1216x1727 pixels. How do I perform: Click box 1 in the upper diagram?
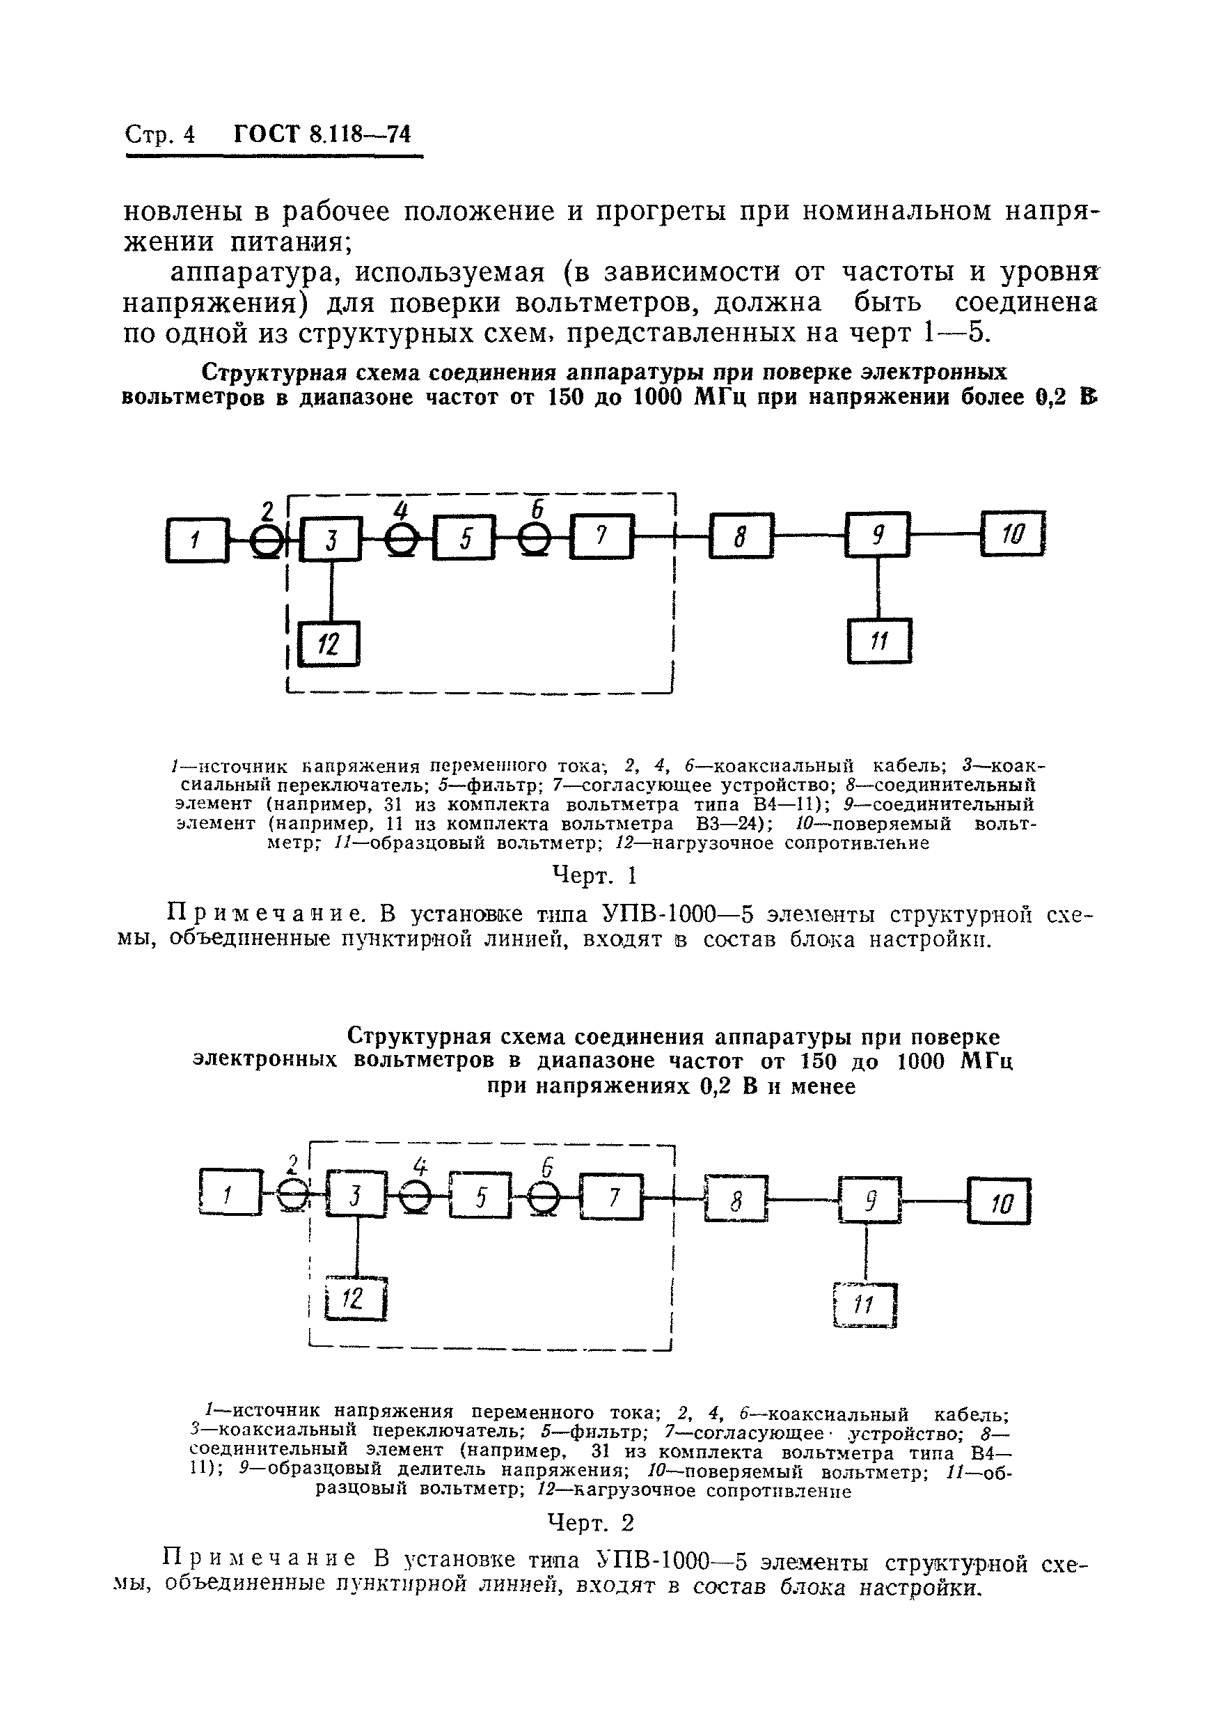[196, 539]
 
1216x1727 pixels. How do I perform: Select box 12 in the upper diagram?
[329, 644]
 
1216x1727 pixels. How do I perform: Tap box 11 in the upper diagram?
[879, 641]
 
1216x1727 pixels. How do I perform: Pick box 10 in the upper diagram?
[1012, 534]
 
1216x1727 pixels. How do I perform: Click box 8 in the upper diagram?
[741, 536]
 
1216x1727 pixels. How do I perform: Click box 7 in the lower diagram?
[612, 1196]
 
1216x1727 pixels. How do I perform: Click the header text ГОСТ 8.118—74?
[322, 134]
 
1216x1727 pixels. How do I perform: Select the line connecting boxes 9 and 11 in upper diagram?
[878, 588]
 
